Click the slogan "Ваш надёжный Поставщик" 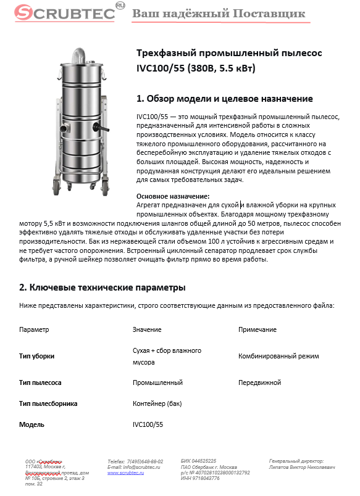pos(219,13)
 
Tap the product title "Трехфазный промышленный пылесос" pos(220,54)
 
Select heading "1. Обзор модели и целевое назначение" pos(224,99)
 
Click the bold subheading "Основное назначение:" pos(164,196)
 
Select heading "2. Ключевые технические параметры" pos(103,287)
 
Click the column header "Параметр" pos(34,330)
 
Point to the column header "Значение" pos(147,330)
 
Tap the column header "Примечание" pos(257,330)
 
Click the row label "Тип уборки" pos(36,357)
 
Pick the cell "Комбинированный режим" pos(278,357)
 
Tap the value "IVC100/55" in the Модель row pos(148,425)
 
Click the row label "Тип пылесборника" pos(48,403)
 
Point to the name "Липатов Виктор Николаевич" pos(303,467)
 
